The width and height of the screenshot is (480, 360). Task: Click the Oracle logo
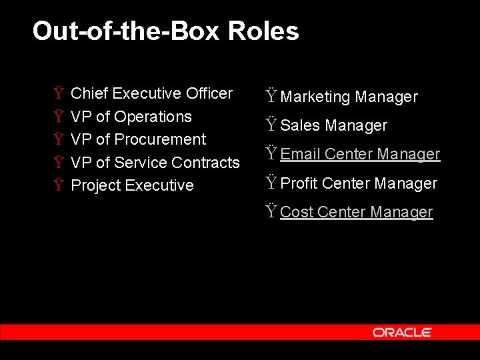(x=402, y=332)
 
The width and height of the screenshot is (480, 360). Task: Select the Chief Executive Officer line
(x=151, y=93)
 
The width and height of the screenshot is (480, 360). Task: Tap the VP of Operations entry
(x=131, y=117)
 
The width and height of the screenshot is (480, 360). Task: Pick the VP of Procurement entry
(x=138, y=139)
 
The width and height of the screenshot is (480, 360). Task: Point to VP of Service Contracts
(x=155, y=163)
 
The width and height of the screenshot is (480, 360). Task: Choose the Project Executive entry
(x=132, y=185)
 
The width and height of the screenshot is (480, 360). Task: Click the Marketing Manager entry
(x=349, y=97)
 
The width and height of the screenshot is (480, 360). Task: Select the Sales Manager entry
(x=333, y=125)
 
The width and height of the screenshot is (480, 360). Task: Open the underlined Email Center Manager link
(x=360, y=154)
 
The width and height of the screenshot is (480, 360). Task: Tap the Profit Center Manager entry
(x=359, y=183)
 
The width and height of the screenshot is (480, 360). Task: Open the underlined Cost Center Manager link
(x=357, y=212)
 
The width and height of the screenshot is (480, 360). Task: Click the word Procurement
(x=160, y=139)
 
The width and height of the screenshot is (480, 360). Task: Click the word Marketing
(x=315, y=97)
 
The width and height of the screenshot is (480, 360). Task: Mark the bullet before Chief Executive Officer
(x=59, y=93)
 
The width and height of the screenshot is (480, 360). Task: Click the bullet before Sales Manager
(x=271, y=125)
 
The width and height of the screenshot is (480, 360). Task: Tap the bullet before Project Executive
(x=59, y=185)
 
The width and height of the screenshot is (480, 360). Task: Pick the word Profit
(x=299, y=183)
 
